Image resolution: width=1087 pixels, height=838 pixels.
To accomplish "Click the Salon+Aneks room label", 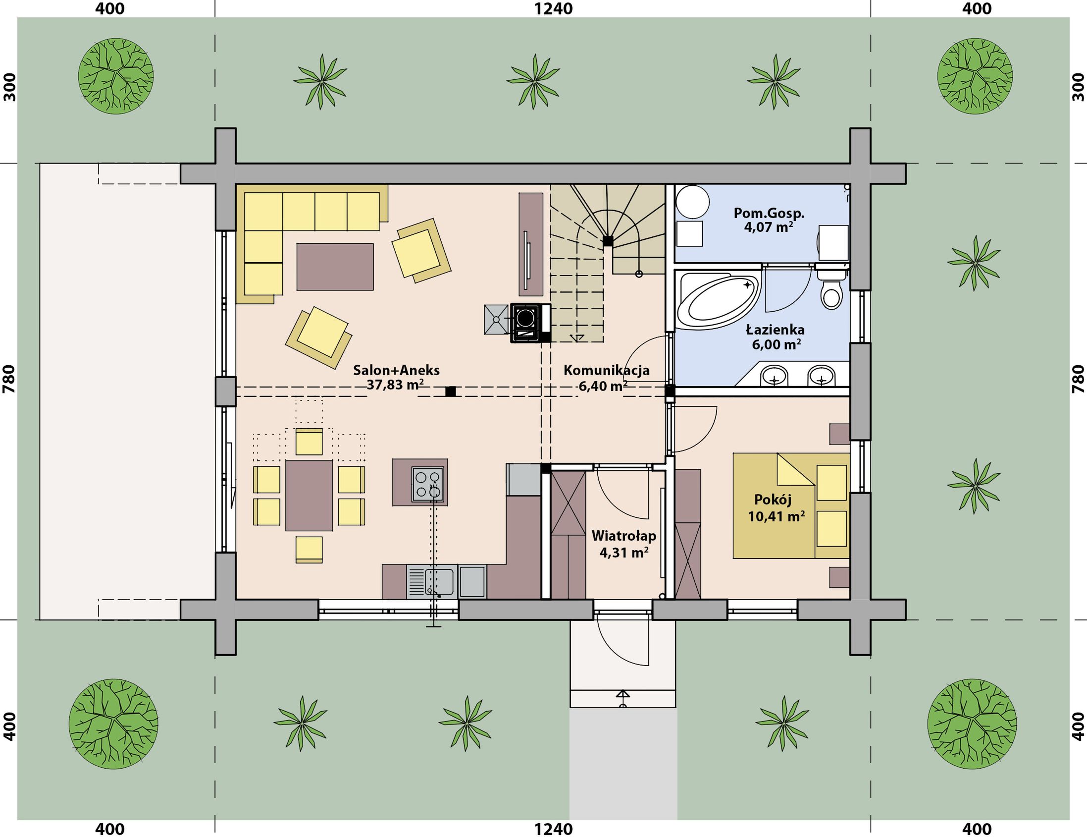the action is (396, 370).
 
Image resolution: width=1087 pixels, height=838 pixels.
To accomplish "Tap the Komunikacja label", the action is (606, 370).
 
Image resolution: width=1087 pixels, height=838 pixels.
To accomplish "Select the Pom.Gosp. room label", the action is (769, 214).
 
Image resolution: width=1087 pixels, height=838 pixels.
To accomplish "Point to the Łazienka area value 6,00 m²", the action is (776, 344).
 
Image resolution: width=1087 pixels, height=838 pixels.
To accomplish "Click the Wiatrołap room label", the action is (623, 536).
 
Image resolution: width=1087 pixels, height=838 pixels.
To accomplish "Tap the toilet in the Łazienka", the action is (830, 289).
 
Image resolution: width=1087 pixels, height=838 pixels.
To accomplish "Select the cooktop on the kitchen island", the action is (427, 485).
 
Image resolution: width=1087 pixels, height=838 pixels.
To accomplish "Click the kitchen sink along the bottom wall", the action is (430, 582).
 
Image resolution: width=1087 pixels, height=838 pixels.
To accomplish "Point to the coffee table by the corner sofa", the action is (335, 267).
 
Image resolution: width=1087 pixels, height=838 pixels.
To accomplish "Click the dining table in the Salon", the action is (309, 496).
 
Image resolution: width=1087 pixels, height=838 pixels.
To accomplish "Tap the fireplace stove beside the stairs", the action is (524, 323).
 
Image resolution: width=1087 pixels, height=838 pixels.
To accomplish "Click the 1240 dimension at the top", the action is (554, 8).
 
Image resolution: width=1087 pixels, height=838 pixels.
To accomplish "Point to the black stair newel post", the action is (608, 241).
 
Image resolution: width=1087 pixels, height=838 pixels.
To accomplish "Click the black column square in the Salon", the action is (451, 391).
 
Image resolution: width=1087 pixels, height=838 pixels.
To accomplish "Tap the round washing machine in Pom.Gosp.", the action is (692, 202).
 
